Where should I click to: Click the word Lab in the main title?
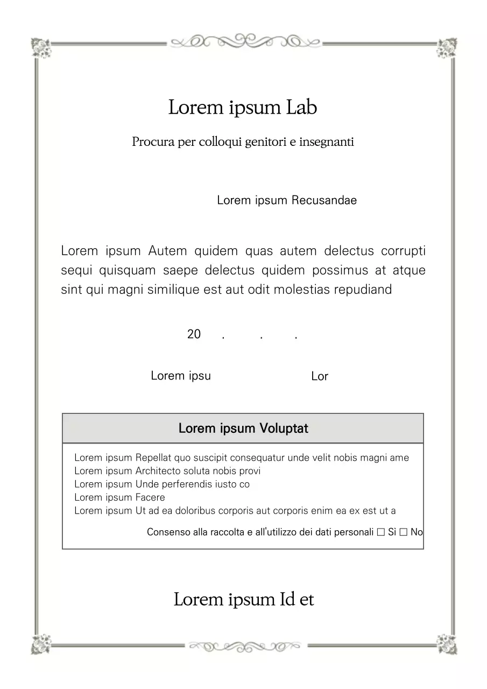[301, 107]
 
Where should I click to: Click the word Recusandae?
[324, 200]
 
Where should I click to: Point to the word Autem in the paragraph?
[168, 251]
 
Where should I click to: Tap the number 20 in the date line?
[194, 334]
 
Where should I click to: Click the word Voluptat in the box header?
[284, 428]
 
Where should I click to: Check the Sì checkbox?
[381, 532]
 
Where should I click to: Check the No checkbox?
[403, 532]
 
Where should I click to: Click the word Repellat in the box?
[153, 458]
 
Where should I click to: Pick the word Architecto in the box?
[158, 471]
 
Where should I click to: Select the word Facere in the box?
[150, 497]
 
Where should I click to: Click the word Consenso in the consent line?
[168, 532]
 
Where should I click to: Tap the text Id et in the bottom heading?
[296, 599]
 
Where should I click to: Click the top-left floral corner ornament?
[40, 47]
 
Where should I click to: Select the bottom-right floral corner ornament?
[446, 644]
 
